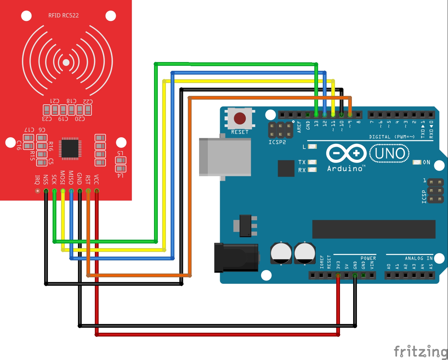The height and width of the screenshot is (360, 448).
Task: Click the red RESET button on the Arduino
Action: [x=240, y=118]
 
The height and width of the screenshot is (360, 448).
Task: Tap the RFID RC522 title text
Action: [x=64, y=15]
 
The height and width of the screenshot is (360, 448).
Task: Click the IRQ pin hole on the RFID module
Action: [x=38, y=191]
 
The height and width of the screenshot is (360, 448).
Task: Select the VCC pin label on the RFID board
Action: [x=96, y=180]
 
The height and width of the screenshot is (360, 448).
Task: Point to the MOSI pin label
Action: [x=63, y=178]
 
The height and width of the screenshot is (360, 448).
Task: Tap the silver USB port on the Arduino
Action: [x=225, y=157]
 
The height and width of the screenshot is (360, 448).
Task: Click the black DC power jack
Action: [x=236, y=258]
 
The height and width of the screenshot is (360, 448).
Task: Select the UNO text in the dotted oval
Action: [x=390, y=154]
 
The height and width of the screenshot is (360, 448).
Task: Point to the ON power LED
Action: [x=417, y=162]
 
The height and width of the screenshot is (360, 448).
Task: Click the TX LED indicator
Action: [x=312, y=162]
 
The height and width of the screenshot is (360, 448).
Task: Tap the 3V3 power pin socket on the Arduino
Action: [x=338, y=275]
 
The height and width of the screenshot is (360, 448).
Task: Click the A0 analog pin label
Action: [x=389, y=266]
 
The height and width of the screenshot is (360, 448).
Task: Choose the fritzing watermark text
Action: [x=420, y=352]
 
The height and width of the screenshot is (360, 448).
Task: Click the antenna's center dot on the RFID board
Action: [x=66, y=62]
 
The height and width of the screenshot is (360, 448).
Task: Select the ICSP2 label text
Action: [x=277, y=142]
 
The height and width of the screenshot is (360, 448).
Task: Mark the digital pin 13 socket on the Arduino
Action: [x=316, y=115]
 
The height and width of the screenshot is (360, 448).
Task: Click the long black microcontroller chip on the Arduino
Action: [x=374, y=229]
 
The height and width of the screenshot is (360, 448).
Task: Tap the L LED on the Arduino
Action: [x=312, y=147]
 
